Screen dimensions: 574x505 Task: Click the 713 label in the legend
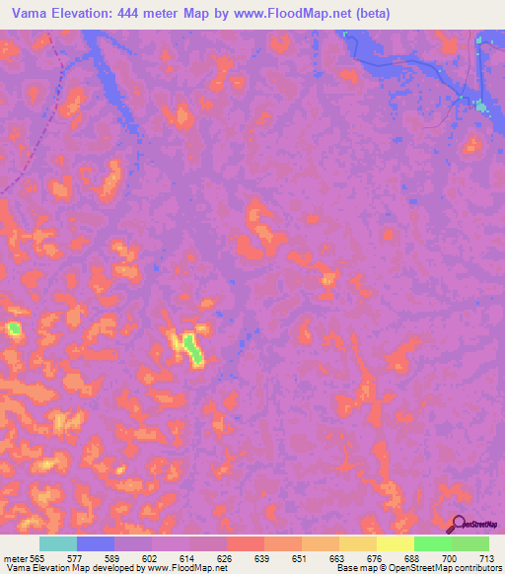(487, 556)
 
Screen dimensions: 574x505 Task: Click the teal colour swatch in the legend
(58, 543)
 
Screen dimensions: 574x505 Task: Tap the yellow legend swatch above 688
(395, 543)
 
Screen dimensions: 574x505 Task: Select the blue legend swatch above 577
(96, 543)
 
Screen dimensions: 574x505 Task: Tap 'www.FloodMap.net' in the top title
(295, 14)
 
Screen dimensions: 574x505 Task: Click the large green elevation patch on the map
(194, 349)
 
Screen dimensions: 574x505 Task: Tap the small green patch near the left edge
(14, 327)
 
